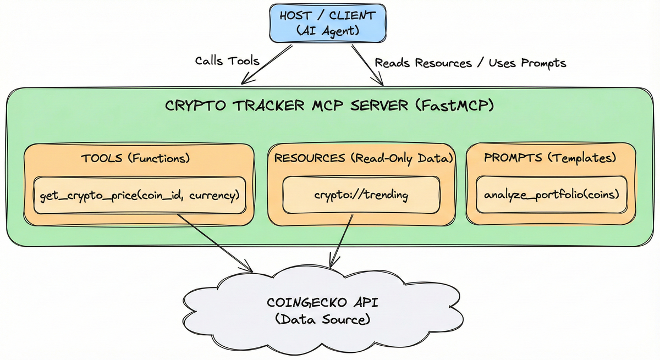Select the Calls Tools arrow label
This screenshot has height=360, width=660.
pos(227,60)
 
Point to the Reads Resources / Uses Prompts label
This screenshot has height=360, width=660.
pos(470,63)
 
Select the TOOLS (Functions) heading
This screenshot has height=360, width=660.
pos(135,158)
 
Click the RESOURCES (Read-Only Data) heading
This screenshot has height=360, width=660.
pos(363,158)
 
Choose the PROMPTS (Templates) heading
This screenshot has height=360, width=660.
pos(550,158)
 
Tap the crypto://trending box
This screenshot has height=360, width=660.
pos(361,195)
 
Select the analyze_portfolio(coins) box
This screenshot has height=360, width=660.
pos(551,195)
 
